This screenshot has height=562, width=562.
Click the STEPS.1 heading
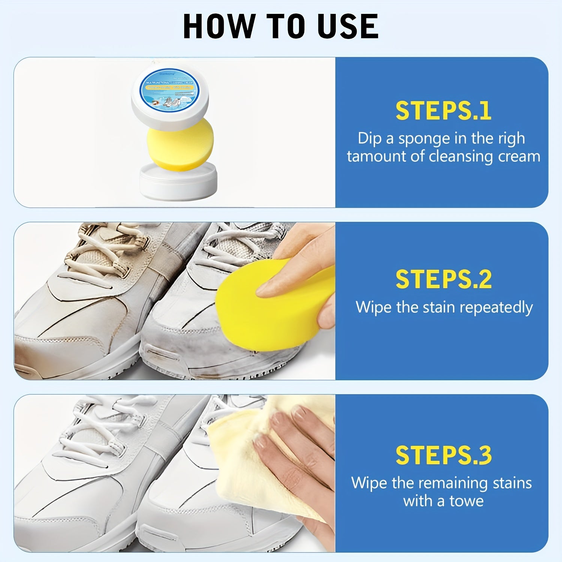point(443,111)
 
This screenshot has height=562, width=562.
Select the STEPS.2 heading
point(443,280)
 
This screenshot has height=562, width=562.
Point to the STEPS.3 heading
point(443,455)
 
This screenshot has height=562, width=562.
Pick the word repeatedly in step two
point(496,308)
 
